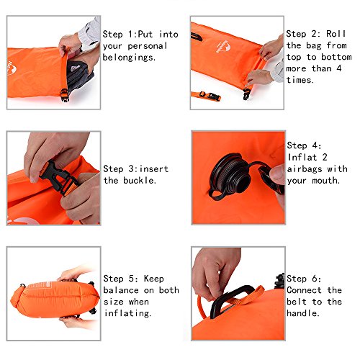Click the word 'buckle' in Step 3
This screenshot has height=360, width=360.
tap(140, 180)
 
